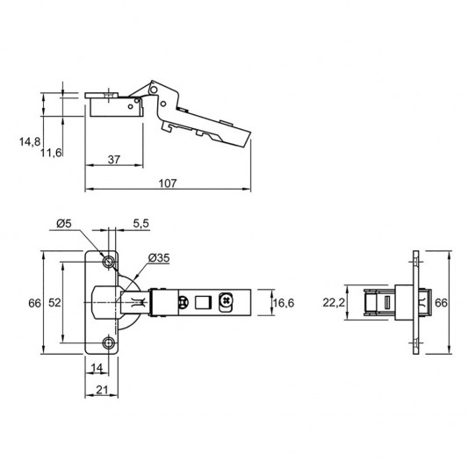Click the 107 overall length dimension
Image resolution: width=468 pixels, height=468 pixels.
(x=168, y=183)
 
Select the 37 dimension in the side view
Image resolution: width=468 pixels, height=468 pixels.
(x=114, y=159)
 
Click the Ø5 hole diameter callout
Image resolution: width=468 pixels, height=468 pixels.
(x=63, y=225)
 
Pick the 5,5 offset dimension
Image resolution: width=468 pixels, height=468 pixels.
(x=140, y=225)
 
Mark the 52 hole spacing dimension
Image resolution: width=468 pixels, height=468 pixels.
(x=54, y=302)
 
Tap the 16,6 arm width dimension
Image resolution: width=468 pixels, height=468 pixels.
(x=283, y=303)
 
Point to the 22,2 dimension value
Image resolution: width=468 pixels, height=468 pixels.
(x=333, y=303)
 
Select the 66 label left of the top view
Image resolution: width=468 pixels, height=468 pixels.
(x=34, y=302)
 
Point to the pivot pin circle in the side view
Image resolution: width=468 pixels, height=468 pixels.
(x=155, y=89)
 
